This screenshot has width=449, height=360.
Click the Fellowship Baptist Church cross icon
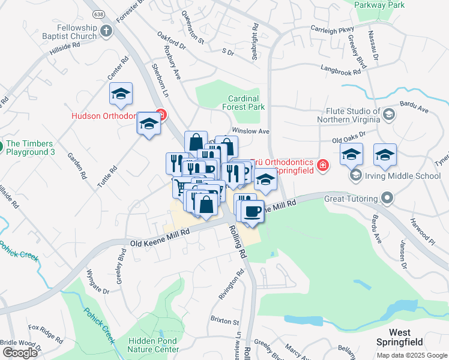106,31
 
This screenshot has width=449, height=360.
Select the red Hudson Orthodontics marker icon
160,114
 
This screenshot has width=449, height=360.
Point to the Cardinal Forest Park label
243,103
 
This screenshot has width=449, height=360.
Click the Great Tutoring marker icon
387,198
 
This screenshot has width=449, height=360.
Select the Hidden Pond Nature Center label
154,344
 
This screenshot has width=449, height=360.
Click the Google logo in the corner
20,352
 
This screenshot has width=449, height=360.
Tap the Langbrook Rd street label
340,70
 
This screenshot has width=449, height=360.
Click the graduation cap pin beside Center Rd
121,94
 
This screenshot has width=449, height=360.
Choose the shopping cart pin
180,187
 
